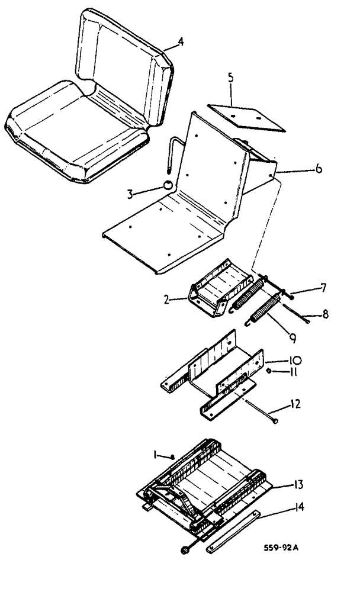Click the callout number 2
click(168, 300)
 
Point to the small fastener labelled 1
click(171, 456)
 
